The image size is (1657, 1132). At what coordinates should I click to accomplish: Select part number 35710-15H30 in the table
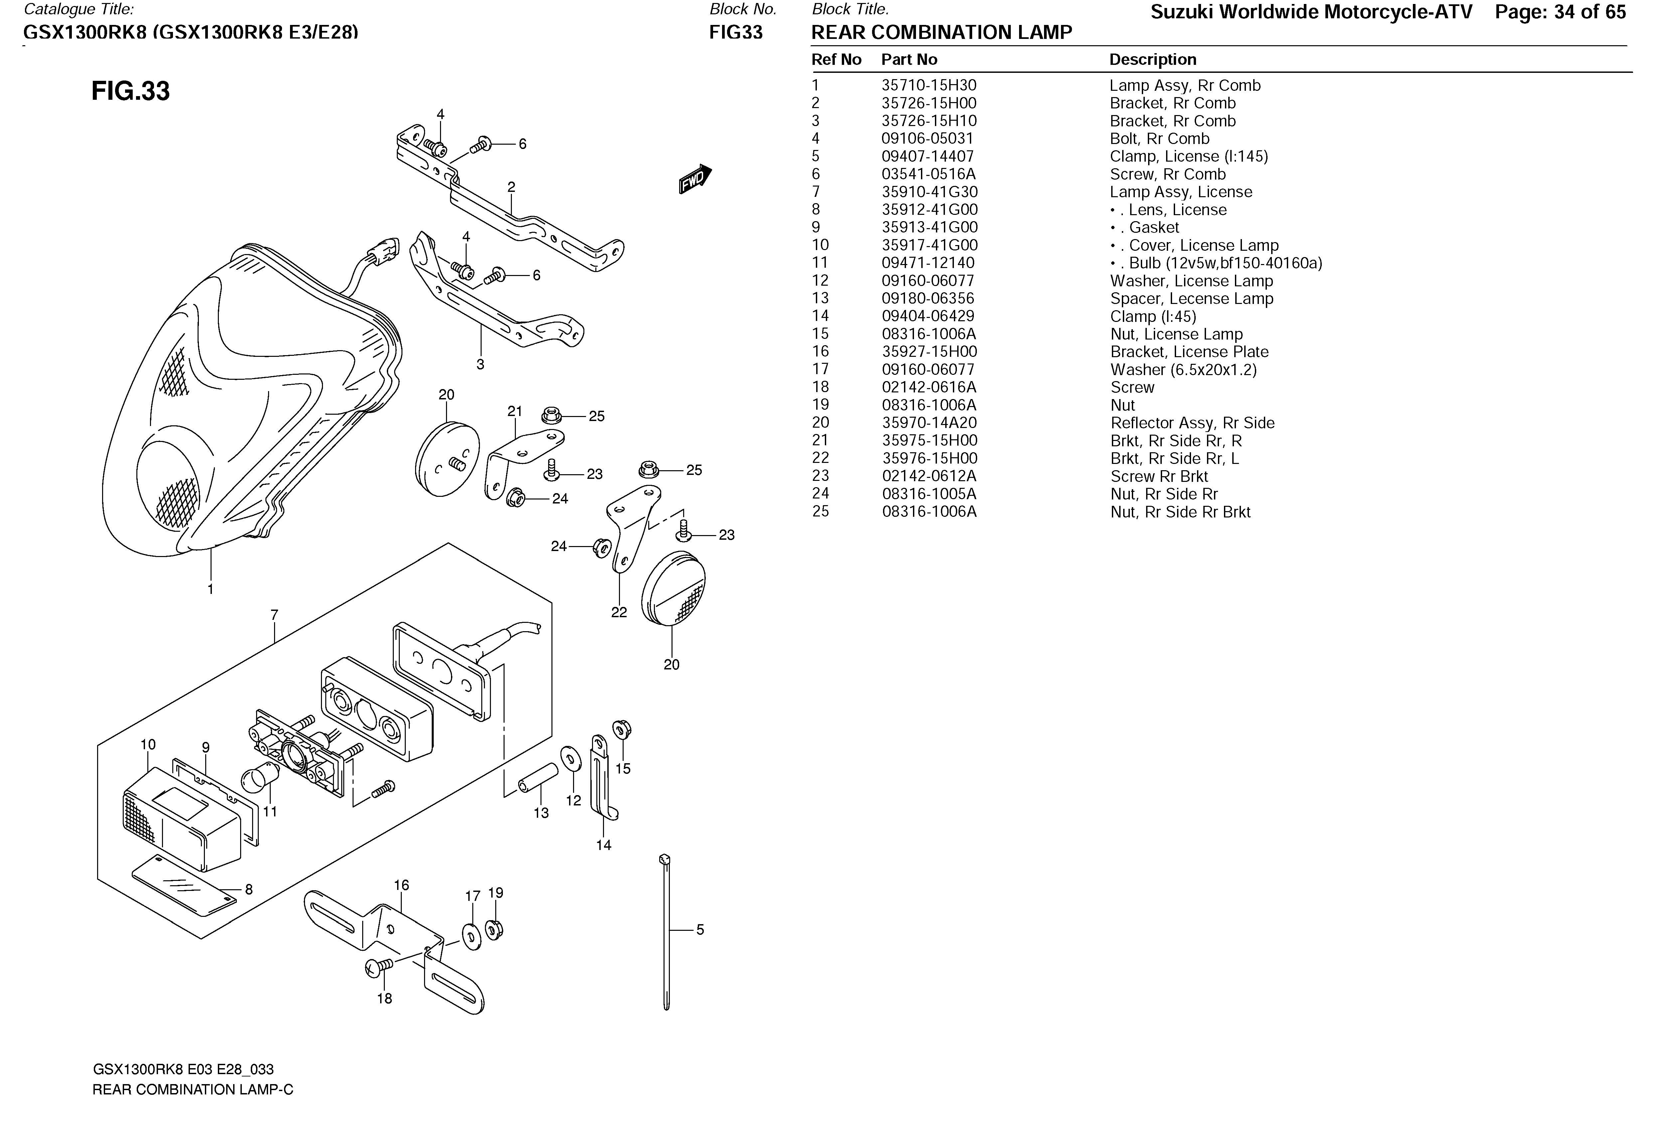pos(928,85)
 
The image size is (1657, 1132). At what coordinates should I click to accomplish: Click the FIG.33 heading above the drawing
pos(130,91)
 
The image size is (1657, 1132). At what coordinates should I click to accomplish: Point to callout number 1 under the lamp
pos(210,589)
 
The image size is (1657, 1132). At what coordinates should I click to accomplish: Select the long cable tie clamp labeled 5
pos(667,934)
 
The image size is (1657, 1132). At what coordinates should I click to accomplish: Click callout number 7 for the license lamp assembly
pos(274,615)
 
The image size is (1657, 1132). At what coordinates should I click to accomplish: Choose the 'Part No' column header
pos(909,60)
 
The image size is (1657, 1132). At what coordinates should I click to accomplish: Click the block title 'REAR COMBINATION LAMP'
pos(941,33)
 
